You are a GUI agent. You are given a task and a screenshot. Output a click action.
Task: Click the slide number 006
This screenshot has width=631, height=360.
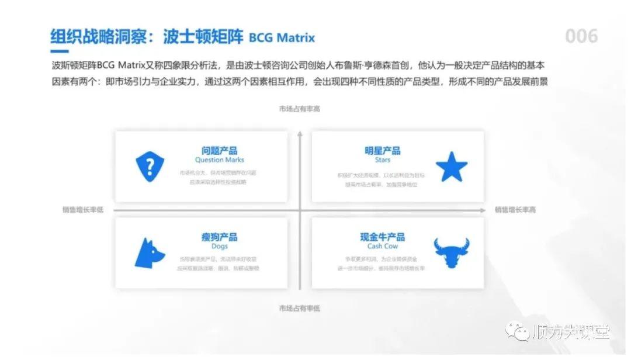tap(581, 36)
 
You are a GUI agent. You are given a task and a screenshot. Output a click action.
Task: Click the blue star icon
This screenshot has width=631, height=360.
tap(452, 167)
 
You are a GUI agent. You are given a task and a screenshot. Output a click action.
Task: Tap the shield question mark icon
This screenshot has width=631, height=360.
tap(150, 167)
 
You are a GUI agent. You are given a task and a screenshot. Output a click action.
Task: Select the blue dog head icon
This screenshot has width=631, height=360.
tap(150, 253)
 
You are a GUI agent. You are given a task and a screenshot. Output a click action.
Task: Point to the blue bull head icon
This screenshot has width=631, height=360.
tap(452, 252)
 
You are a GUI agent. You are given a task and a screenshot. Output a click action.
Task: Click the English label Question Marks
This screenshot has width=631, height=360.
tap(220, 160)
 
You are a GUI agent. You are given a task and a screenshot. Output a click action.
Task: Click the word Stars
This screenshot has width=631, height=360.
tap(383, 160)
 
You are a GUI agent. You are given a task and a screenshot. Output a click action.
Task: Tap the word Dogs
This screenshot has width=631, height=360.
tap(220, 246)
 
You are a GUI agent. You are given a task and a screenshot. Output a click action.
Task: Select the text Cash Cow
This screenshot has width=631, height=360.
tap(383, 246)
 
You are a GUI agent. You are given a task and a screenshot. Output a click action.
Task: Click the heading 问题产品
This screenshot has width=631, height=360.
tap(220, 151)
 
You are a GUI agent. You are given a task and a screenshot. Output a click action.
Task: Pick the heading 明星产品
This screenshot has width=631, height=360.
tap(383, 151)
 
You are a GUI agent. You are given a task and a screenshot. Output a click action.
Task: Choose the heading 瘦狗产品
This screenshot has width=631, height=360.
tap(220, 237)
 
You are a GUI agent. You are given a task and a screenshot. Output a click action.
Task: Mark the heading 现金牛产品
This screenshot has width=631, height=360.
tap(383, 237)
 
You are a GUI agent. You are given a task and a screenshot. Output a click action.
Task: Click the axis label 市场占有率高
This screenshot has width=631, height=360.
tap(299, 109)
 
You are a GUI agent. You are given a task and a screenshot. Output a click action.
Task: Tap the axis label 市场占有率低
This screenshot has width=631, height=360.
tap(299, 308)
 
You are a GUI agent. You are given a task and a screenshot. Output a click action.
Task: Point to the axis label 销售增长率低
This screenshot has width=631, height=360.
tap(83, 210)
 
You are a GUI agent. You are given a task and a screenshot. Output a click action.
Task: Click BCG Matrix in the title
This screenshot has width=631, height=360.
tap(282, 38)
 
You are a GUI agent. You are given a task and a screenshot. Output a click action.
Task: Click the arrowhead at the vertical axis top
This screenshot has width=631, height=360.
tap(299, 134)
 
